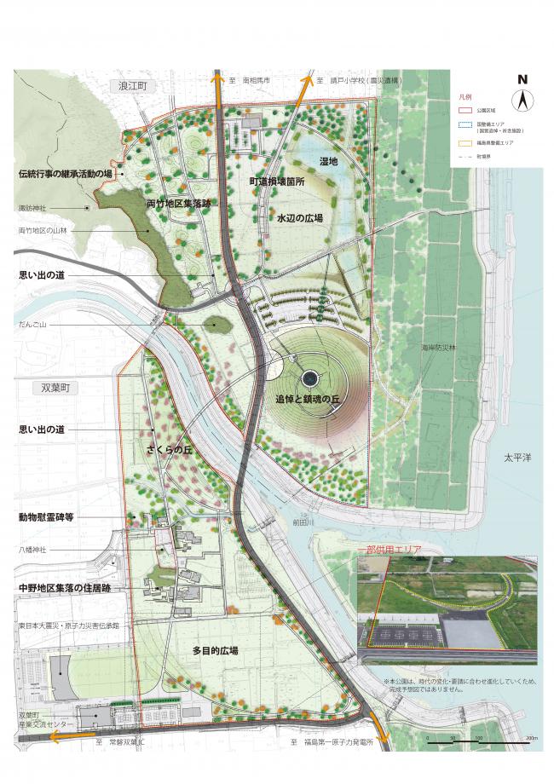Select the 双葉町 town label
(59, 386)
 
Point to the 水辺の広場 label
(299, 219)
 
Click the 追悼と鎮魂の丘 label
(308, 398)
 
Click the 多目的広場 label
(215, 650)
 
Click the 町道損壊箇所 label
(277, 182)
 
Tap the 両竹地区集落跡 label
(178, 205)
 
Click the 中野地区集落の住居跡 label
(65, 588)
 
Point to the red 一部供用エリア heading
(390, 550)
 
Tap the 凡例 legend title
(465, 98)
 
